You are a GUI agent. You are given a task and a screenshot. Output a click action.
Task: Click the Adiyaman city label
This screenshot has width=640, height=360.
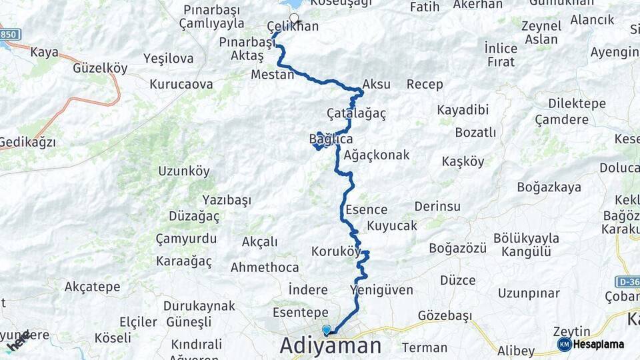pos(331,345)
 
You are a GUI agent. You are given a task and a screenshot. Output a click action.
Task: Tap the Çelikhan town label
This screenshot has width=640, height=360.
pos(293,27)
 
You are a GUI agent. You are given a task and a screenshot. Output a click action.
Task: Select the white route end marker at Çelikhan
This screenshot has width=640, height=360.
pos(293,17)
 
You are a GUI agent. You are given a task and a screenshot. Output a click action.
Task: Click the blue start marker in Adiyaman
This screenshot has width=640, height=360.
pos(327,330)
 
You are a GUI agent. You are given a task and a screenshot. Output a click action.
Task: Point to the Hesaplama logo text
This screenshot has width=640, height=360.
pos(598,344)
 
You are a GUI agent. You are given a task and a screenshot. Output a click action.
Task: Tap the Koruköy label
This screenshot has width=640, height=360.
pos(336,251)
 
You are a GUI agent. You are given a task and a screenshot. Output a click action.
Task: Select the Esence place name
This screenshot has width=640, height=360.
pos(366,209)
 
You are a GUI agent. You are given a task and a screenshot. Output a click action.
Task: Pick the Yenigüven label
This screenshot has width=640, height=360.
pos(381,289)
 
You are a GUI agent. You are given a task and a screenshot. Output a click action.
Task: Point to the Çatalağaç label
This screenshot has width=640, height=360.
pos(357,113)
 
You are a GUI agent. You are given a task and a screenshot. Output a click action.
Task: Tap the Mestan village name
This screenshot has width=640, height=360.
pos(272,75)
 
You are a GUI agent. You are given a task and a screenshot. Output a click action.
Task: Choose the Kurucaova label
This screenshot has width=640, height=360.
pos(181,85)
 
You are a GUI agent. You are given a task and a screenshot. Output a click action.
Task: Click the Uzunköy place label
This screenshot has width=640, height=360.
pos(184,171)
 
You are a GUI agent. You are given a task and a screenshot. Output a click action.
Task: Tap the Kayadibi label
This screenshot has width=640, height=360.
pos(463,109)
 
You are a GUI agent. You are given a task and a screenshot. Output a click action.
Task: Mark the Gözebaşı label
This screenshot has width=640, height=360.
pos(445,315)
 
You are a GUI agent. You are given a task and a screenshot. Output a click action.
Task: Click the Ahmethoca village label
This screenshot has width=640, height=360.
pos(265,267)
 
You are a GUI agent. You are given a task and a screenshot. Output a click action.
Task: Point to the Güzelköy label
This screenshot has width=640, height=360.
pos(100,67)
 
